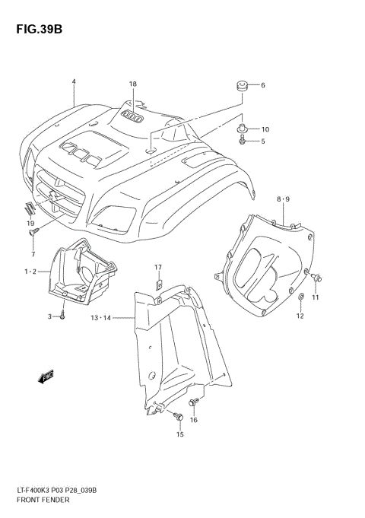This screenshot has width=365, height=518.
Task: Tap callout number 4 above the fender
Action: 74,81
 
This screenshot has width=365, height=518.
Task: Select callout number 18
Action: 132,84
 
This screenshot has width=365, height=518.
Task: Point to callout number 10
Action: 265,129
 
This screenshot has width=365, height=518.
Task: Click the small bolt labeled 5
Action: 242,141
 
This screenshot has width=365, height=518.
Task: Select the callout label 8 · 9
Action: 283,199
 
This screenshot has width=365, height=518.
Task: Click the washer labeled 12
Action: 300,296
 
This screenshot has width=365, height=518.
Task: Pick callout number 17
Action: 158,267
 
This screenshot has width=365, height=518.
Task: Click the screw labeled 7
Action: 33,237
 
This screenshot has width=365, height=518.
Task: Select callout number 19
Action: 31,223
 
